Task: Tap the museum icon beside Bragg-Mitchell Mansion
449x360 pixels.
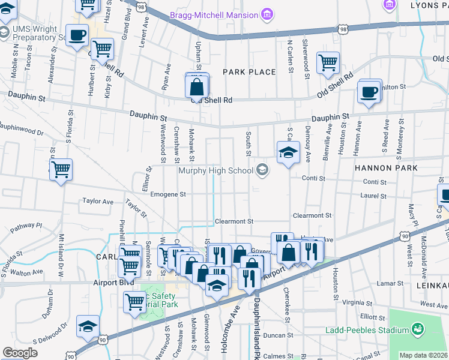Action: (266, 14)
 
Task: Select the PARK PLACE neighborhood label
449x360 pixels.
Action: (249, 72)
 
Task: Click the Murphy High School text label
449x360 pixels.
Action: (216, 171)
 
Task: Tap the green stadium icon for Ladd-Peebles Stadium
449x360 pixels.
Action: (416, 329)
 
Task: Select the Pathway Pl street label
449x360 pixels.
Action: (26, 227)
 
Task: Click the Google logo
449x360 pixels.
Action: (20, 353)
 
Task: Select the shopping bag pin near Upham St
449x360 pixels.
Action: (197, 87)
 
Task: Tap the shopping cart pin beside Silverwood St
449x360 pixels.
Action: (328, 62)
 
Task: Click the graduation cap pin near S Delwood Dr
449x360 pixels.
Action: (88, 326)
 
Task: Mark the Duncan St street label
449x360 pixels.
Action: (277, 336)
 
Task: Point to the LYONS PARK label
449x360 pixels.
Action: (426, 5)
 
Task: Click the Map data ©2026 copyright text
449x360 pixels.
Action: (423, 355)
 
